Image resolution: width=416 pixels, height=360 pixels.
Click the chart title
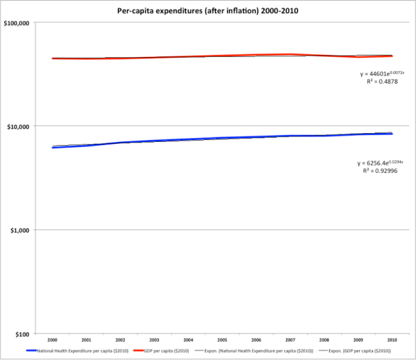pyautogui.click(x=207, y=11)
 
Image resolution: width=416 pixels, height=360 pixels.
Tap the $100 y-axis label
pyautogui.click(x=28, y=334)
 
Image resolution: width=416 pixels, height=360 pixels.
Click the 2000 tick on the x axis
pyautogui.click(x=52, y=339)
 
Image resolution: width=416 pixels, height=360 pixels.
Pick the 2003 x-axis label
pyautogui.click(x=154, y=339)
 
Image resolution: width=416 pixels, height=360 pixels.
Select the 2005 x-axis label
pyautogui.click(x=222, y=339)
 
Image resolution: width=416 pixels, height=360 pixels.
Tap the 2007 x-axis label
pyautogui.click(x=289, y=339)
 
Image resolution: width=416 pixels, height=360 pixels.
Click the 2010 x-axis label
pyautogui.click(x=391, y=339)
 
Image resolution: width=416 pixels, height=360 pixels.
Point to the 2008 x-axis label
pyautogui.click(x=323, y=339)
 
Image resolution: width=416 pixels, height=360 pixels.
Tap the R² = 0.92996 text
pyautogui.click(x=381, y=171)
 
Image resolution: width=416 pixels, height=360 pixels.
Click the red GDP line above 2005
pyautogui.click(x=222, y=56)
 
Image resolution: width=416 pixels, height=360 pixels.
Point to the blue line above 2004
pyautogui.click(x=188, y=139)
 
